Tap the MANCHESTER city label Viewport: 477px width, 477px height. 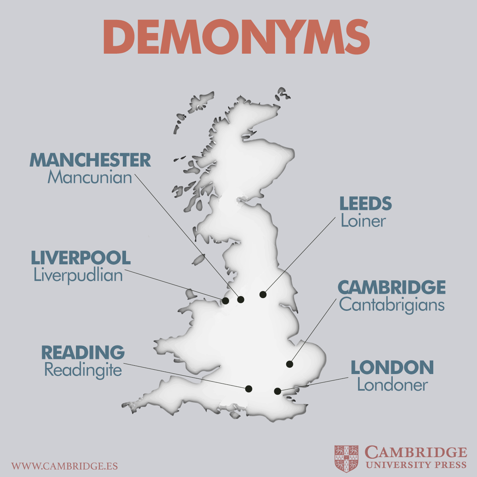tap(90, 160)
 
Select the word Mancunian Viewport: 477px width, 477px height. tap(90, 177)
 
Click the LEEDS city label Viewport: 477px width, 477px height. tap(365, 204)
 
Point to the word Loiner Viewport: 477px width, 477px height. tap(363, 221)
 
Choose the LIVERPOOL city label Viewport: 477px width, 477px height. tap(81, 258)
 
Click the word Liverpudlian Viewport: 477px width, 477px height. tap(78, 275)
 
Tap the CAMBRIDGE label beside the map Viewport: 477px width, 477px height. tap(392, 287)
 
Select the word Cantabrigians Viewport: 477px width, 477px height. tap(392, 305)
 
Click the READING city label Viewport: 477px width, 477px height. tap(83, 353)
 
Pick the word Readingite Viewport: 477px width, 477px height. tap(83, 370)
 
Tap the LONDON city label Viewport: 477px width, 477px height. tap(392, 368)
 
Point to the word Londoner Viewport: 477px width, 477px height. tap(392, 385)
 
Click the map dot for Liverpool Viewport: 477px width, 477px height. tap(225, 301)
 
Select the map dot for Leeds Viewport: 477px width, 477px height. tap(263, 295)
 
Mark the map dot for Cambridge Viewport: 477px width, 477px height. tap(289, 364)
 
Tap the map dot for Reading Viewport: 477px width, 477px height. tap(249, 389)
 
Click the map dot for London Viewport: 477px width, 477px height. tap(277, 391)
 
